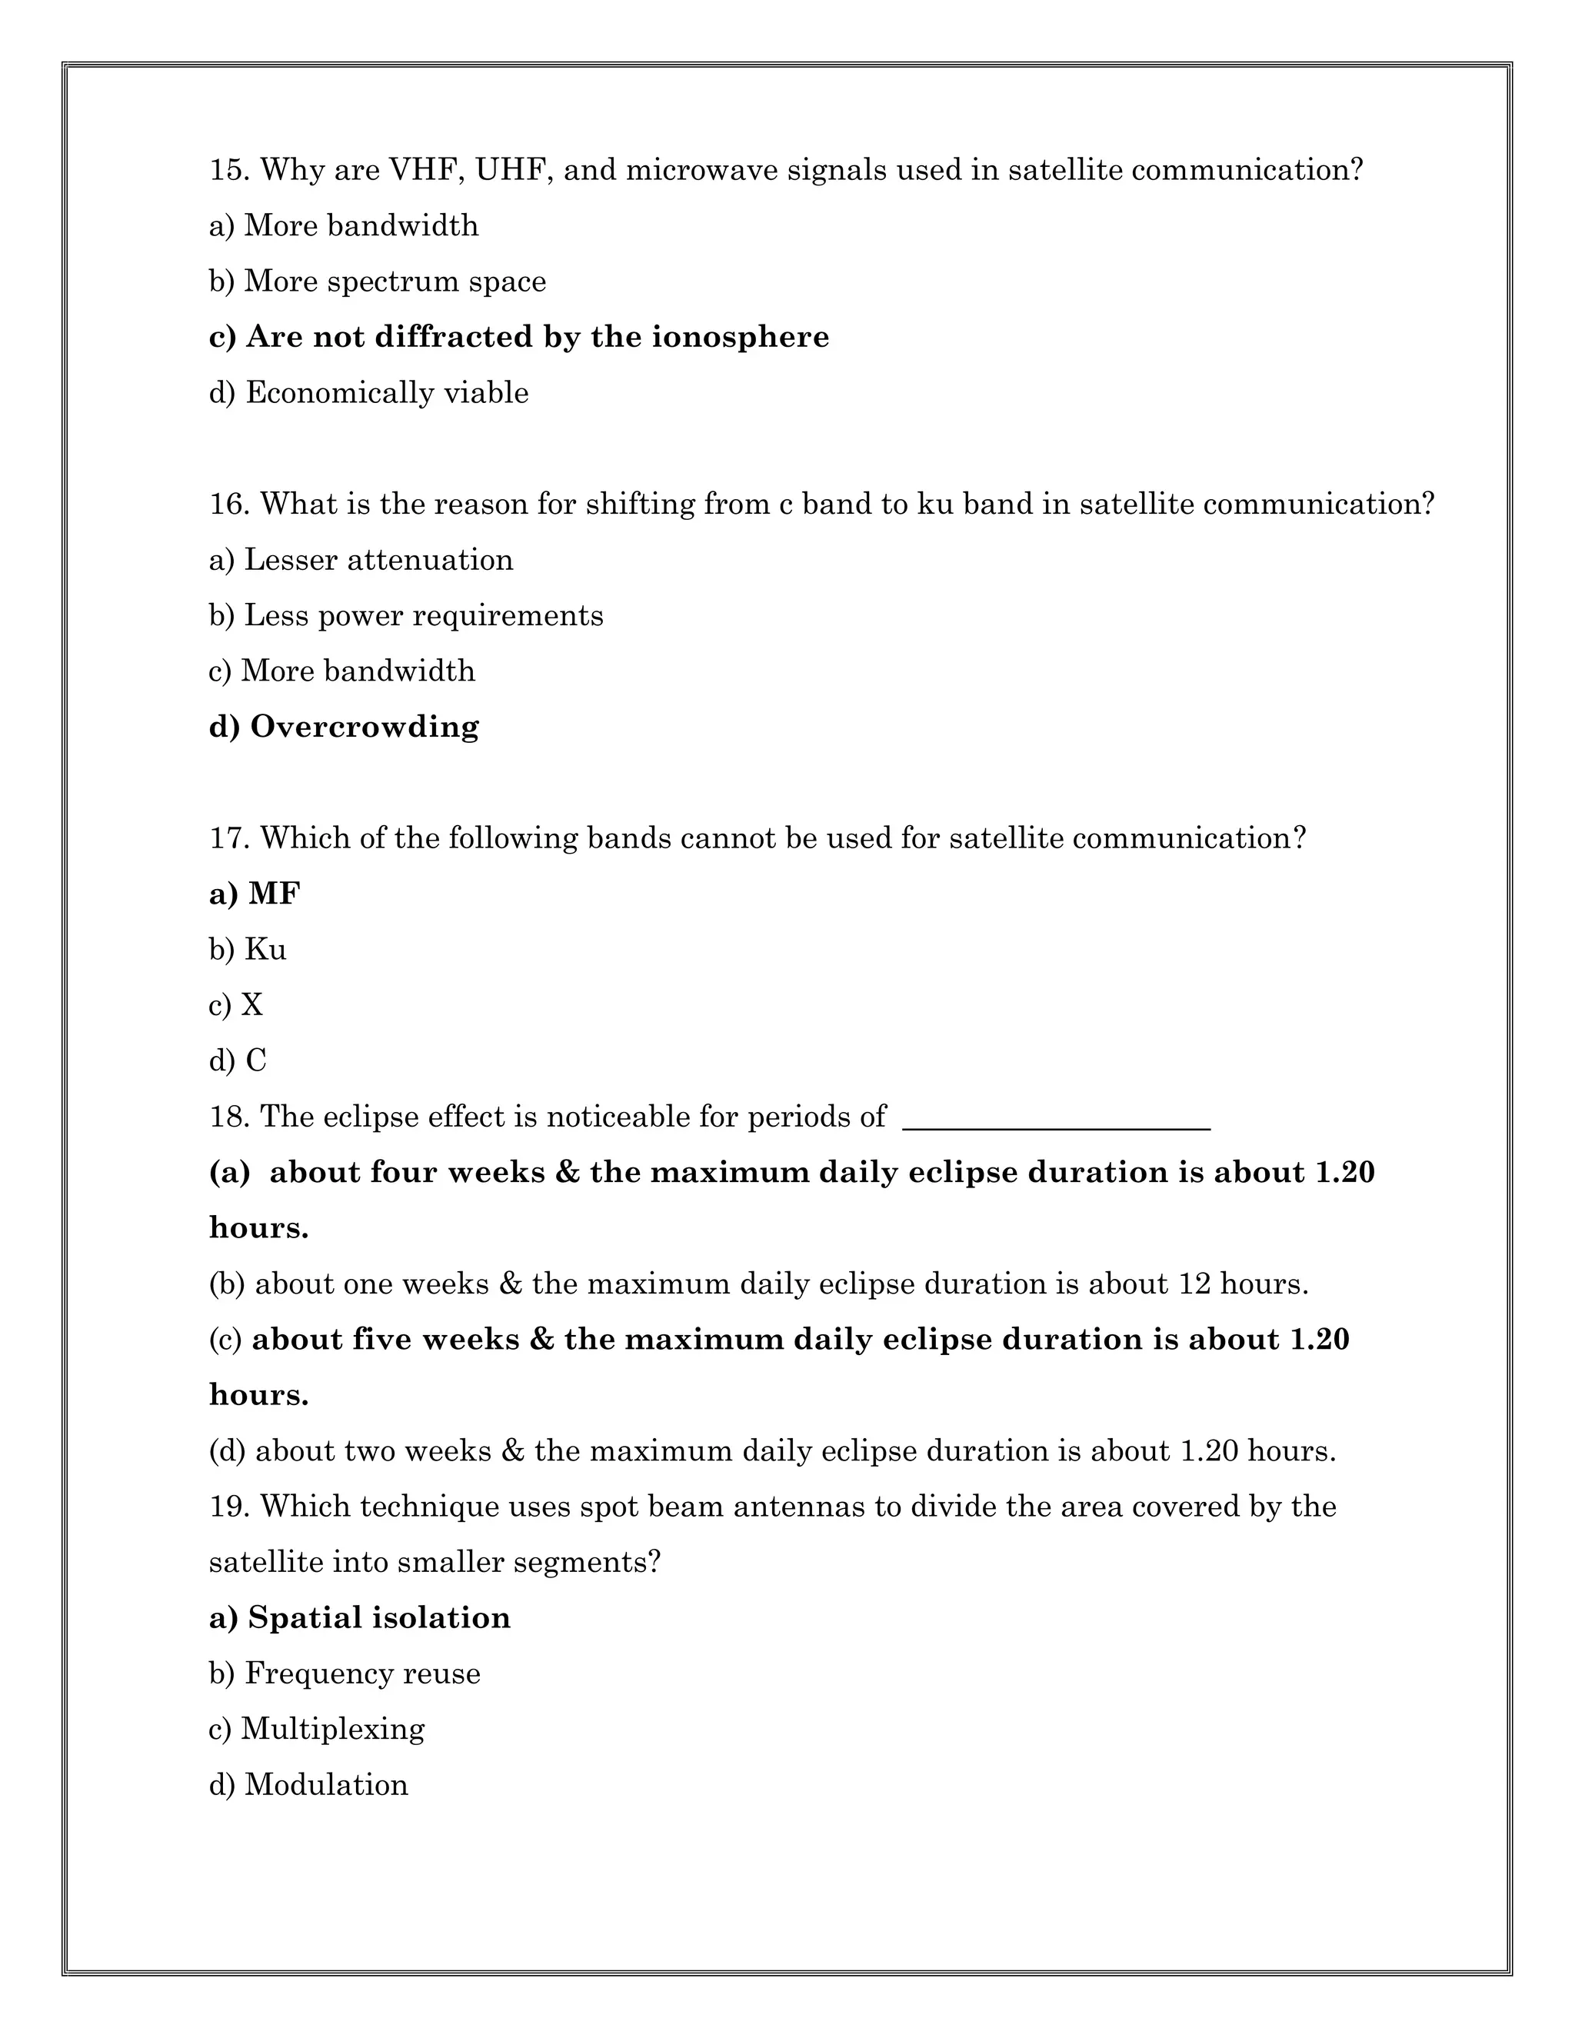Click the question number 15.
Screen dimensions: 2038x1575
(228, 171)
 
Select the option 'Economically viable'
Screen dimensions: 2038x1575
(386, 393)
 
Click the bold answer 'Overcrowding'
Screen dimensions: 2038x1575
(364, 727)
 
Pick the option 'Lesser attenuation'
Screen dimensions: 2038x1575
(378, 560)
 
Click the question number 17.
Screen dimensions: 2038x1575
(228, 839)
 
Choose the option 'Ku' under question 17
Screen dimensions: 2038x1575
(265, 950)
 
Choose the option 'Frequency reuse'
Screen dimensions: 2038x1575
(362, 1674)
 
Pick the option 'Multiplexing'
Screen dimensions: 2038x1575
(332, 1729)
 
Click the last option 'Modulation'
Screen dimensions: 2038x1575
(325, 1785)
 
